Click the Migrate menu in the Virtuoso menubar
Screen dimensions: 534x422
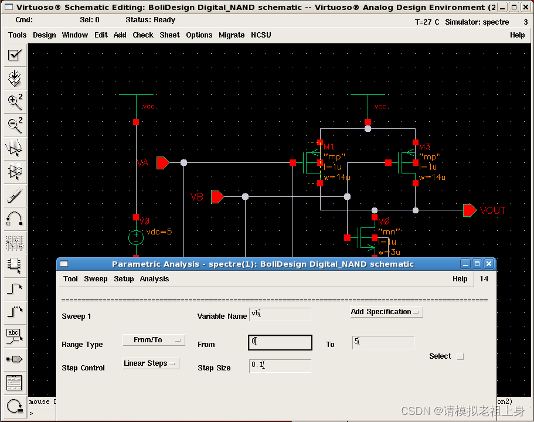click(x=232, y=35)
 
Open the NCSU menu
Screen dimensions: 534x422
click(x=261, y=35)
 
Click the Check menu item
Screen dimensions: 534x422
click(x=143, y=35)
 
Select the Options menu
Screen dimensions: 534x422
click(x=199, y=35)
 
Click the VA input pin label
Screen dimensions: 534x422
click(x=142, y=163)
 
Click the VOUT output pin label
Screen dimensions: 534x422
click(x=492, y=211)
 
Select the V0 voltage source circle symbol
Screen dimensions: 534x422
click(x=136, y=237)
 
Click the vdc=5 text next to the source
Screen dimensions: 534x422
click(x=159, y=232)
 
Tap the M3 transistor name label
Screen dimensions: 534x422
click(x=425, y=147)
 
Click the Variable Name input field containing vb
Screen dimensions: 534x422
click(x=280, y=314)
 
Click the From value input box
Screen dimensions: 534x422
click(x=280, y=342)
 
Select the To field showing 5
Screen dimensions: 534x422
click(x=383, y=342)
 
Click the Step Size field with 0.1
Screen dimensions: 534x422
click(x=280, y=366)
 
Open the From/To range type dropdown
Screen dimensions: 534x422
click(x=154, y=340)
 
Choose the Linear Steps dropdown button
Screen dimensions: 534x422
click(x=151, y=363)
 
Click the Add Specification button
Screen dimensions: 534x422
click(x=386, y=312)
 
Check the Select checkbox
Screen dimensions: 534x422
click(x=460, y=356)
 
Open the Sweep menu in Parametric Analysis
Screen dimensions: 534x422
click(x=96, y=279)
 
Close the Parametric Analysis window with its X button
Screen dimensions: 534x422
click(x=489, y=264)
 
